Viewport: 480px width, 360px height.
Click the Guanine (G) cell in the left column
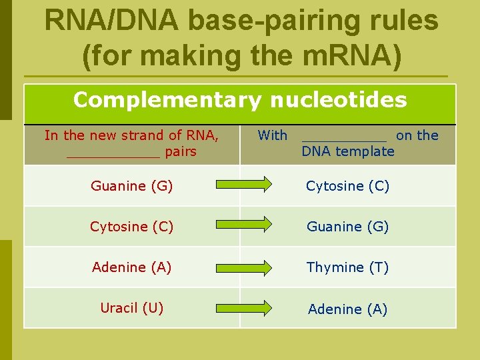[131, 186]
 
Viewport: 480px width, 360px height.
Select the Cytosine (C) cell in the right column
[347, 186]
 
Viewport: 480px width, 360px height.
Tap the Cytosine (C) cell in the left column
[131, 227]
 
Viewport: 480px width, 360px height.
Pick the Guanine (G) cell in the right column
[347, 227]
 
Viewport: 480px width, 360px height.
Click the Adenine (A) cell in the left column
[131, 267]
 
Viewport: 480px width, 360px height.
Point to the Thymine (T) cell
[347, 267]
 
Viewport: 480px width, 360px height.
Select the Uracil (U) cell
[131, 308]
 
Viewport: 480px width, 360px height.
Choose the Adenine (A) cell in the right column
[347, 309]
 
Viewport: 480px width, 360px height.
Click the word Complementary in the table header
[167, 101]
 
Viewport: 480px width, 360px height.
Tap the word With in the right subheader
[272, 135]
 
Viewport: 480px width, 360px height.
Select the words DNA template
[347, 151]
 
